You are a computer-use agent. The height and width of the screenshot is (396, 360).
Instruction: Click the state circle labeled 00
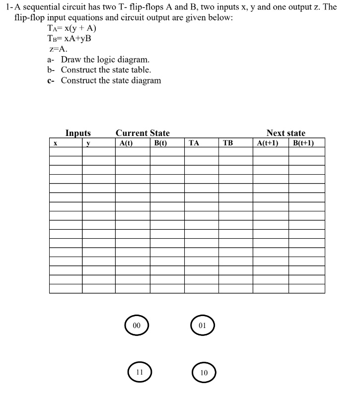(137, 326)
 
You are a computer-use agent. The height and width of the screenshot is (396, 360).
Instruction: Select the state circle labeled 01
(202, 326)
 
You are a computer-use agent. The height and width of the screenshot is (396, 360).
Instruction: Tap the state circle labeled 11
(140, 371)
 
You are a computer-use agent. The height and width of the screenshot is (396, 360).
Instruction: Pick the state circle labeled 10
(204, 372)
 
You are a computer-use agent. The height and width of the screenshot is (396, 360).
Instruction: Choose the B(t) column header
(160, 143)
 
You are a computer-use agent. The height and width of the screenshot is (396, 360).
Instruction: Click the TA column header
(195, 143)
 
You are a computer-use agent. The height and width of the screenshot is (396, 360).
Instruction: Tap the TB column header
(228, 143)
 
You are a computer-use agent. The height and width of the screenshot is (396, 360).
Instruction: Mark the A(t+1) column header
(268, 143)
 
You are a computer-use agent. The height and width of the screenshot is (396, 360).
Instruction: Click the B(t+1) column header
(303, 143)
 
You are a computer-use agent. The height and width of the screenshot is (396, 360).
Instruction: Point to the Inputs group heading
(78, 133)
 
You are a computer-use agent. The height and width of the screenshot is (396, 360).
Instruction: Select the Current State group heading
(143, 133)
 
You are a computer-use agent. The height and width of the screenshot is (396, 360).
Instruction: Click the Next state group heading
(286, 133)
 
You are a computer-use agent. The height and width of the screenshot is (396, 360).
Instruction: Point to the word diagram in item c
(145, 80)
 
